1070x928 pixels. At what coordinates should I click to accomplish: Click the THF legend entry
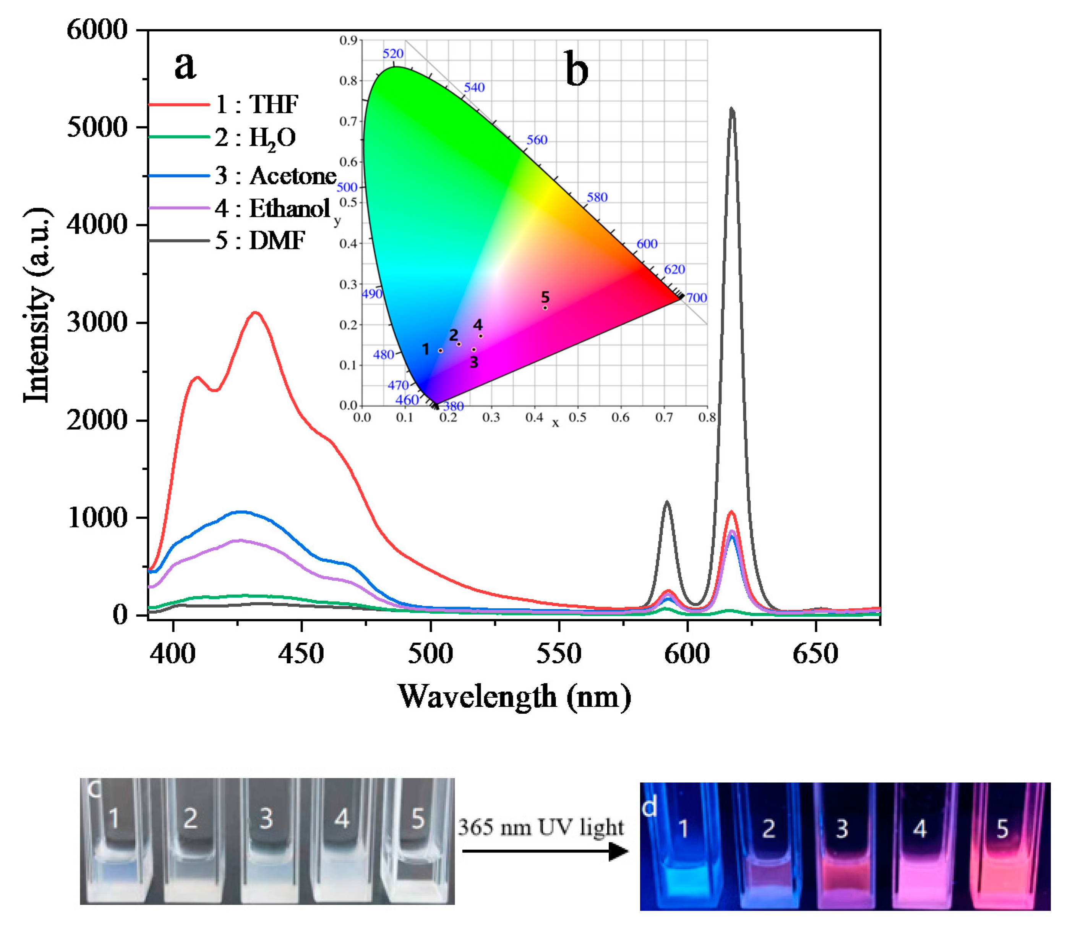click(x=256, y=104)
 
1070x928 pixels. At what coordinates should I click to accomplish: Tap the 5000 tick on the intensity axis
click(x=97, y=128)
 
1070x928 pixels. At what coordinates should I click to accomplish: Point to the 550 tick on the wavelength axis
click(x=559, y=654)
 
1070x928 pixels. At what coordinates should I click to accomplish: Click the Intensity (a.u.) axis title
click(x=38, y=306)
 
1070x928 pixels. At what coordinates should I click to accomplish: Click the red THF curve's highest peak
click(x=255, y=313)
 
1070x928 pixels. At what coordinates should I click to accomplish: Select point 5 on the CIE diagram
click(x=545, y=307)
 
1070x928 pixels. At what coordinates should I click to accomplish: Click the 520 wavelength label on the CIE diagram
click(x=393, y=53)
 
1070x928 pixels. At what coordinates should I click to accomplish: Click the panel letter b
click(x=576, y=69)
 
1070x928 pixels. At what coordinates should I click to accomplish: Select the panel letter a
click(x=185, y=66)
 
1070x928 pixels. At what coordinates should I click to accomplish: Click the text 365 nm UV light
click(x=540, y=827)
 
